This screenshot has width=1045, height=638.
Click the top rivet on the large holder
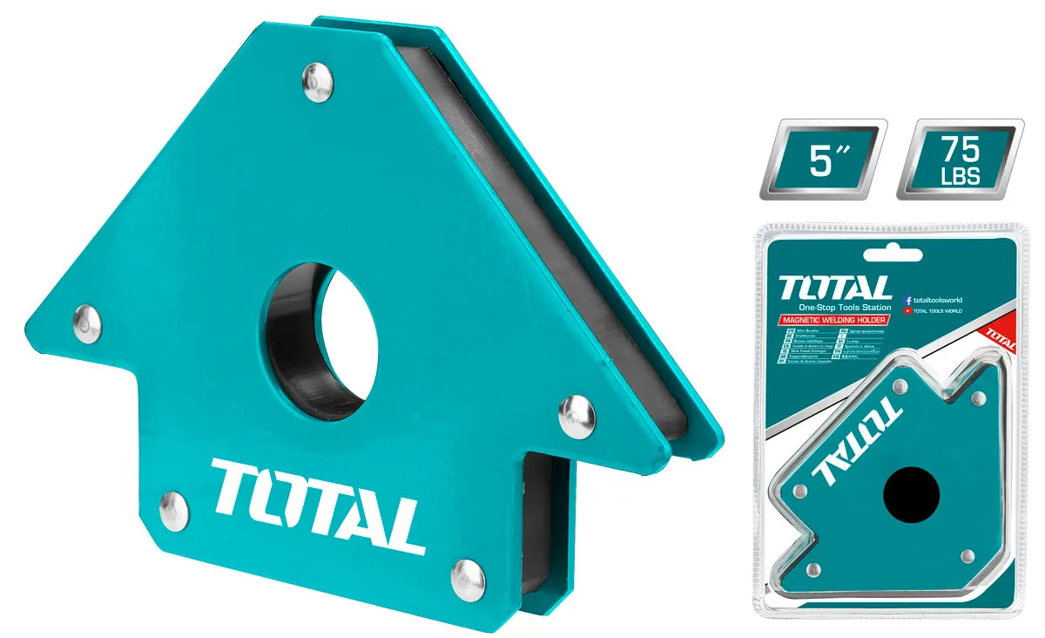pyautogui.click(x=317, y=83)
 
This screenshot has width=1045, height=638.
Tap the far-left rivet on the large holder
pyautogui.click(x=87, y=323)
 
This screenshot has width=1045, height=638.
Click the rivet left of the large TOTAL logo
pyautogui.click(x=174, y=511)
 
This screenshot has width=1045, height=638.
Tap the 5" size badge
pyautogui.click(x=822, y=159)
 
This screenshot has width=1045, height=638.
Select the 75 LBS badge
pyautogui.click(x=961, y=159)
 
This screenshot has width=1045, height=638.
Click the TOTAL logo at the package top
pyautogui.click(x=835, y=288)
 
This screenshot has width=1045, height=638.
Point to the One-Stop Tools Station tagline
pyautogui.click(x=845, y=308)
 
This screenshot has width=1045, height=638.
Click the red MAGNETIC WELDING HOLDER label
pyautogui.click(x=834, y=321)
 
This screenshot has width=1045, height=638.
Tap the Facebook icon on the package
pyautogui.click(x=909, y=299)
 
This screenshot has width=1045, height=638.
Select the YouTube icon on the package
pyautogui.click(x=909, y=310)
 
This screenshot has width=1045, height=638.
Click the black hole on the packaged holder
pyautogui.click(x=912, y=494)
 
